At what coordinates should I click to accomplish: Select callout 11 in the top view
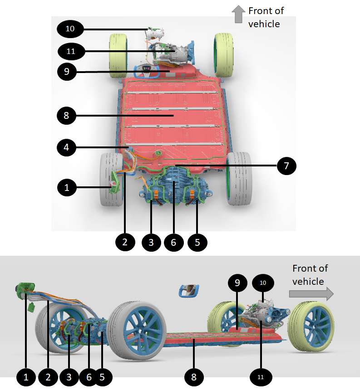click(70, 51)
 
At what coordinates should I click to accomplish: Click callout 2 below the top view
click(125, 242)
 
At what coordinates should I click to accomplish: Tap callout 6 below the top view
click(173, 242)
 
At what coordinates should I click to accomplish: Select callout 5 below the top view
click(197, 242)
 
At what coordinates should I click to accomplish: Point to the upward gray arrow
click(237, 15)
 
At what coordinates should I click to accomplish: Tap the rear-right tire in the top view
click(239, 179)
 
